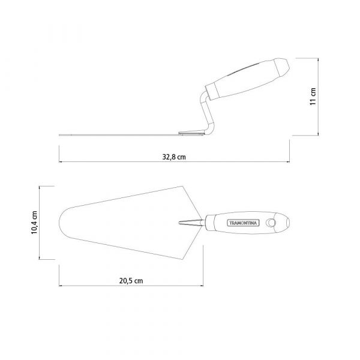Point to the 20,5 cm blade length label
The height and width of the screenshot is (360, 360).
[x=130, y=281]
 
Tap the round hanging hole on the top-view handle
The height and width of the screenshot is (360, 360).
[x=272, y=223]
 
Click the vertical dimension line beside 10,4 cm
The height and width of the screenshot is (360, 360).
[x=41, y=223]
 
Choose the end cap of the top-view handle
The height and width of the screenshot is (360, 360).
[x=286, y=223]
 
